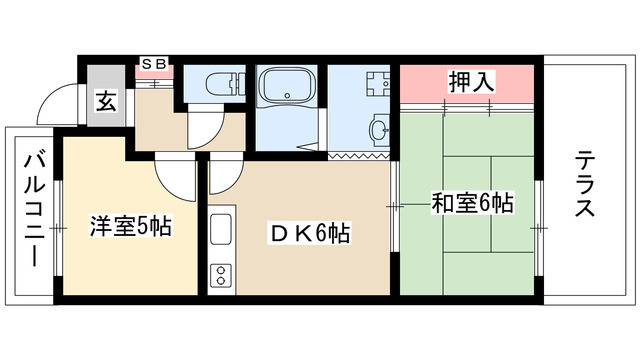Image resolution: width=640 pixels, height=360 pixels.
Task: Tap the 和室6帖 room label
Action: [x=472, y=204]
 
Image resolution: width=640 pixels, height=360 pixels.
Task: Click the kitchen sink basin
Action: [x=221, y=235]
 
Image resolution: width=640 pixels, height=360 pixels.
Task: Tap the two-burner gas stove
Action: [x=220, y=275]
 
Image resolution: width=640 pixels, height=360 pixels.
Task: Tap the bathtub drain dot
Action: [x=289, y=98]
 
